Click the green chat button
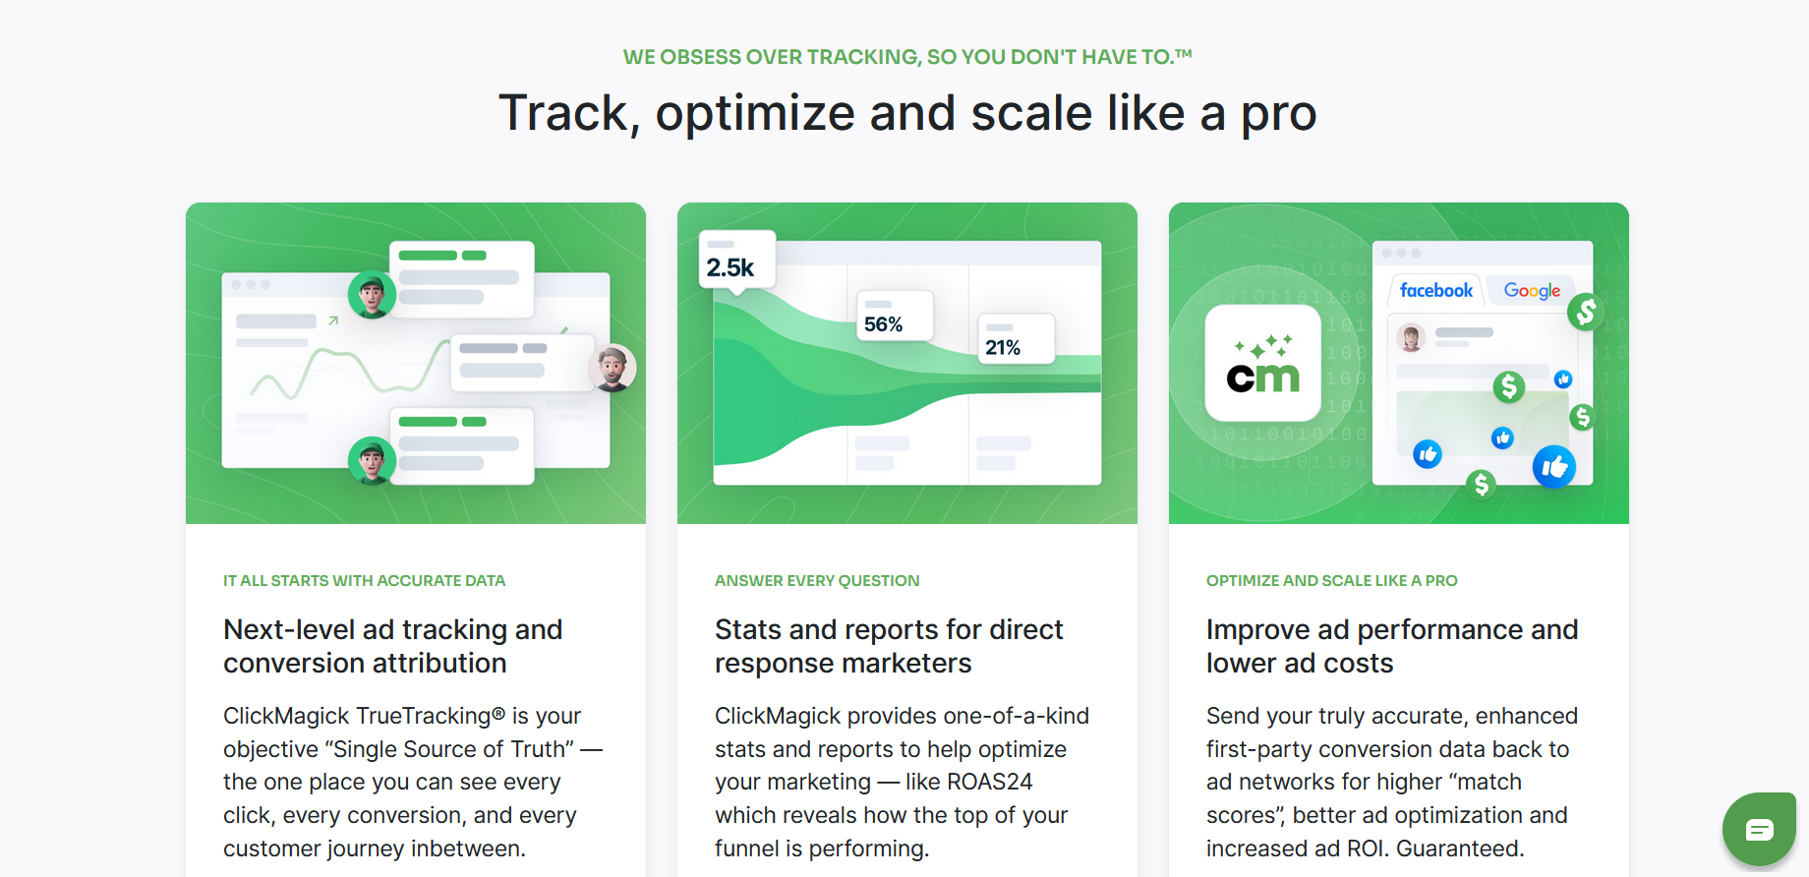coord(1759,829)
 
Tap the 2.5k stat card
coord(737,260)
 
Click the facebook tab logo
coord(1436,290)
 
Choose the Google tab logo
coord(1532,291)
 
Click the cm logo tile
coord(1263,363)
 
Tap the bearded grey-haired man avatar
coord(612,369)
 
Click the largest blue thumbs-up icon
coord(1554,467)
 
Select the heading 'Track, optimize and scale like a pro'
coord(907,113)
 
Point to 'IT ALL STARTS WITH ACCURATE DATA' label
coord(364,581)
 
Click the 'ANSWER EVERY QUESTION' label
coord(817,581)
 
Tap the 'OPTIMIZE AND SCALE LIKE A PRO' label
coord(1332,581)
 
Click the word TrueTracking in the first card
coord(430,716)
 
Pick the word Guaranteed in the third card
coord(1460,848)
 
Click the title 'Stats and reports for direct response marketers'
coord(889,646)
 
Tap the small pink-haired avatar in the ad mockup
coord(1412,338)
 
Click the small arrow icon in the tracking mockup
coord(333,321)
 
